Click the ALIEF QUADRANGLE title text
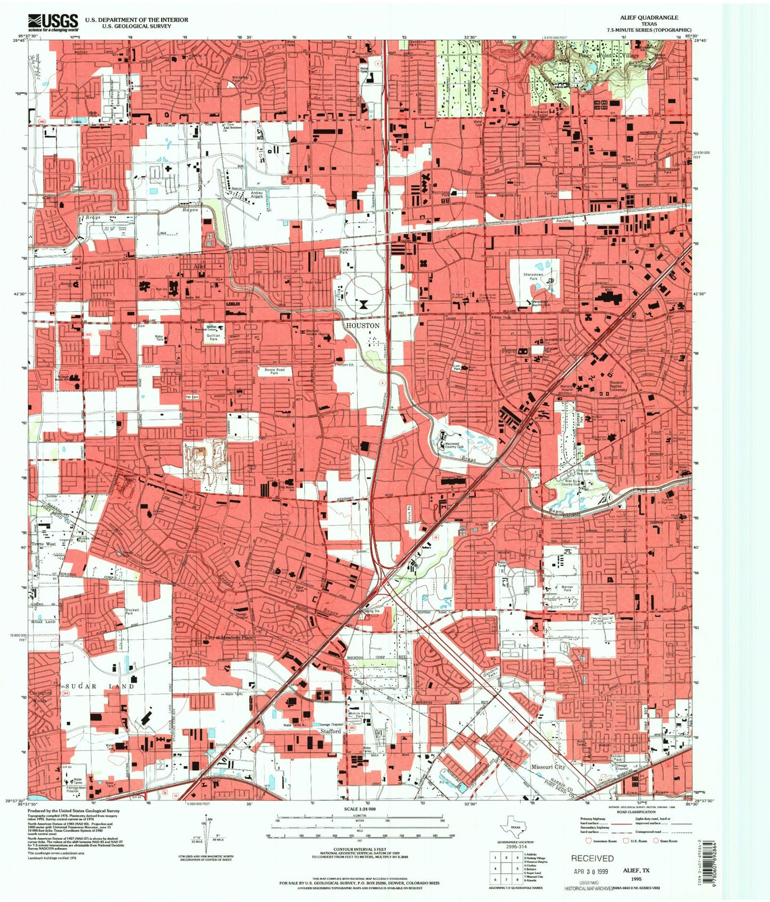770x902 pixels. coord(649,18)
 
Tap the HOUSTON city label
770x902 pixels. coord(362,325)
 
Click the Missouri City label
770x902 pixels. coord(548,767)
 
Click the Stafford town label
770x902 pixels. coord(330,731)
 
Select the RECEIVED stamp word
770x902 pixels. coord(592,858)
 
